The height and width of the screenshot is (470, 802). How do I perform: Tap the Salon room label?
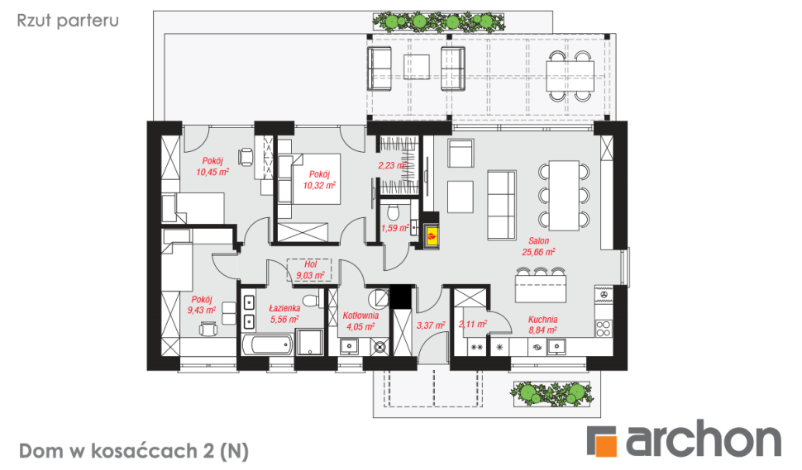coord(538,240)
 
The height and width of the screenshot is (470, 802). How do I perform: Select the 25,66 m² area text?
coord(538,252)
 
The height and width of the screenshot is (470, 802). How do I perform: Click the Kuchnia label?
coord(542,320)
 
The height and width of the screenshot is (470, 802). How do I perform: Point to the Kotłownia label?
coord(360,316)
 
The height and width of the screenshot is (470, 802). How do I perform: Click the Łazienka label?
coord(284,308)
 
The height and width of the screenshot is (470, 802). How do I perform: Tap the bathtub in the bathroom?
coord(267,344)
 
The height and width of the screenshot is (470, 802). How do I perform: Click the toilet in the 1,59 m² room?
coord(394,211)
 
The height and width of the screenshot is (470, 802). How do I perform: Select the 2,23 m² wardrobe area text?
coord(392,165)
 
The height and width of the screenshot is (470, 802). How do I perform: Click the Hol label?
coord(311,264)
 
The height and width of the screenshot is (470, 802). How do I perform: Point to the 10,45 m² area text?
coord(212,172)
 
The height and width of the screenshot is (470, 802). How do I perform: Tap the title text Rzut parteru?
coord(68,21)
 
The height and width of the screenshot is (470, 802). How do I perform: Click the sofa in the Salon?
coord(501,206)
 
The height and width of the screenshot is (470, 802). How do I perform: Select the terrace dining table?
coord(570,76)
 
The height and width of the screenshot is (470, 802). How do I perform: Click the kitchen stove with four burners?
coord(604,328)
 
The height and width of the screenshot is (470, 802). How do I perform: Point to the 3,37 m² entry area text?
coord(431,325)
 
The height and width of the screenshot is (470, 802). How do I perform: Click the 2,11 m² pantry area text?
coord(473,324)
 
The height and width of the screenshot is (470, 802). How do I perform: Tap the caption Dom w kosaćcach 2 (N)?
coord(134,451)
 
